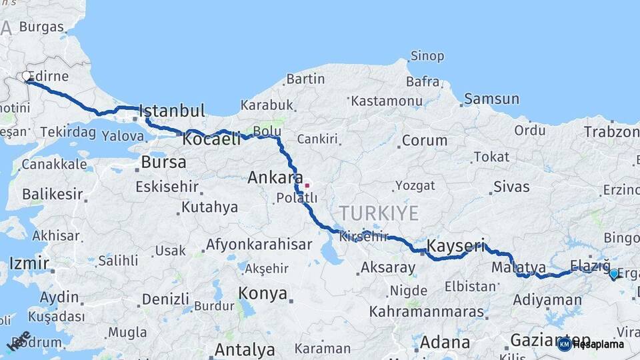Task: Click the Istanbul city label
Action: click(171, 110)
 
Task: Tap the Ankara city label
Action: click(275, 178)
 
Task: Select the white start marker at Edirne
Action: click(27, 76)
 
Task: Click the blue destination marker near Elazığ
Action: click(614, 273)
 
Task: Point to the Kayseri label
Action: click(455, 245)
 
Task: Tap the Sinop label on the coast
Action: click(427, 56)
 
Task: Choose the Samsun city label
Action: click(491, 99)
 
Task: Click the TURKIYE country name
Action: click(379, 213)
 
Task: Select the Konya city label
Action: click(263, 293)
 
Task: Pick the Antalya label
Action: click(245, 349)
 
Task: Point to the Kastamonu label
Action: click(387, 101)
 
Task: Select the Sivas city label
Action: click(511, 187)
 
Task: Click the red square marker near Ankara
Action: click(307, 185)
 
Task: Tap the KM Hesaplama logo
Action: click(591, 344)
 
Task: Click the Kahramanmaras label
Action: click(427, 311)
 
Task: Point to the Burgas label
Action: click(41, 27)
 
